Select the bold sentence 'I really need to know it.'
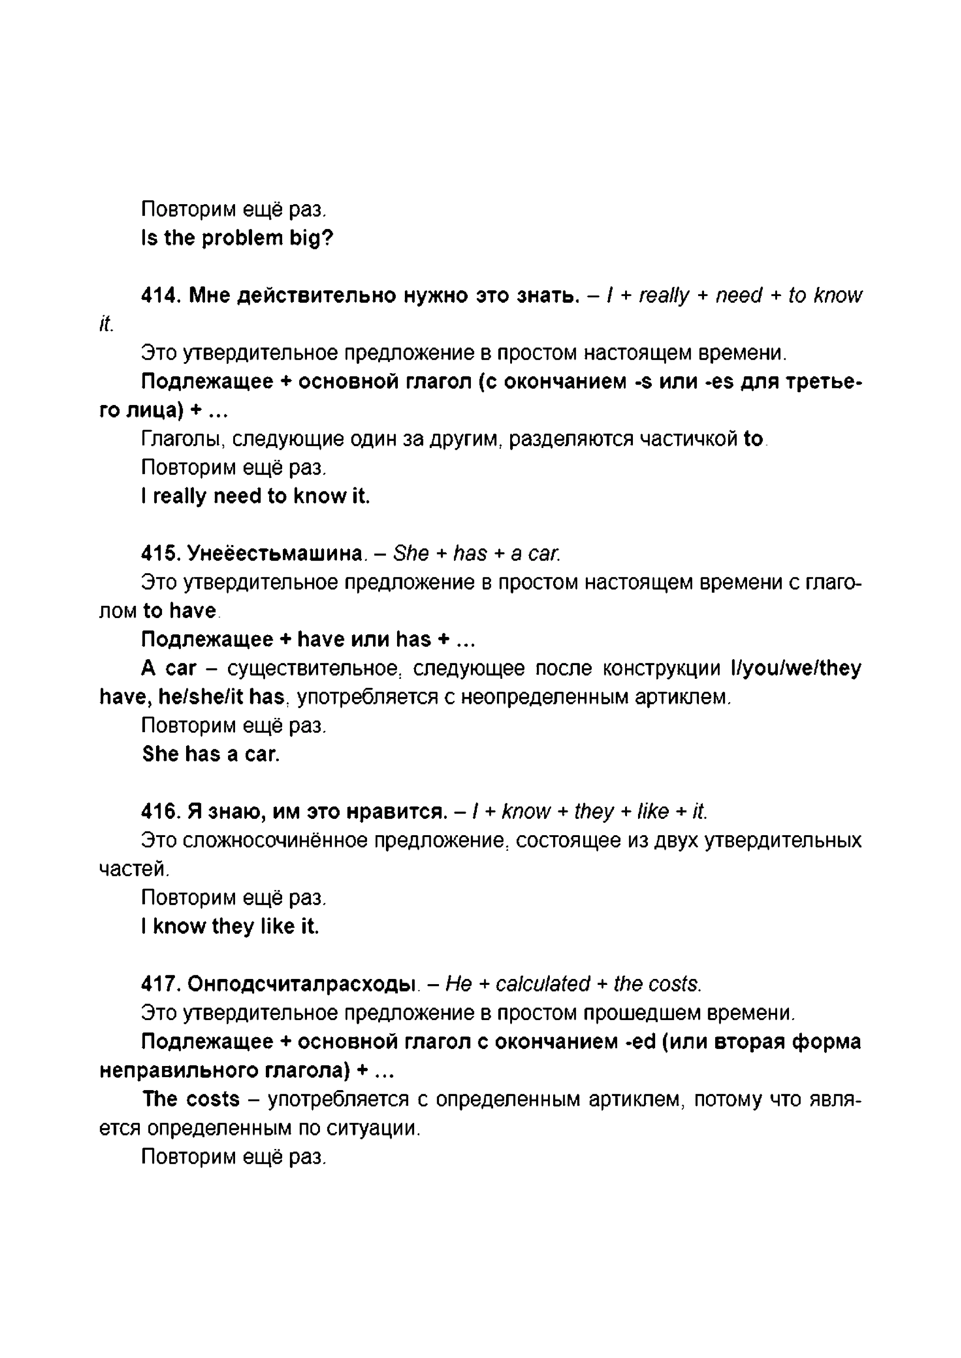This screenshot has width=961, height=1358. pos(255,496)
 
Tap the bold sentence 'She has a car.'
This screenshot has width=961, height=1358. pos(211,754)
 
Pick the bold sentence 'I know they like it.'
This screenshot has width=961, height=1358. pos(229,926)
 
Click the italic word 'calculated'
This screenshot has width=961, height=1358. pos(543,984)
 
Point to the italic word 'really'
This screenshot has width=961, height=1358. pos(664,295)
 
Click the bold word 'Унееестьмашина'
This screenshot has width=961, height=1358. pos(275,554)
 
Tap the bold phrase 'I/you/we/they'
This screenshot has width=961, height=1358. pos(796,668)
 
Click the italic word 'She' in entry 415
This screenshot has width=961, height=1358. pos(411,554)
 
